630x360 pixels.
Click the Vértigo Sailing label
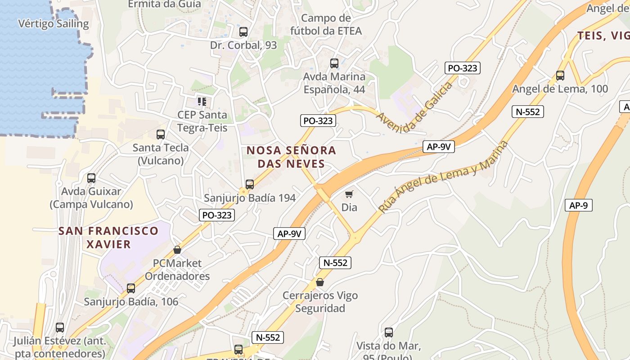(x=54, y=23)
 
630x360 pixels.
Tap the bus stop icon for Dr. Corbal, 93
(x=243, y=32)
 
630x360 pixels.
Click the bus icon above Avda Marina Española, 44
(x=334, y=63)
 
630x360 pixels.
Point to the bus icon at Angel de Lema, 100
(x=560, y=76)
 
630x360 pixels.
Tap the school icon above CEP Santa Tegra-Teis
(x=202, y=102)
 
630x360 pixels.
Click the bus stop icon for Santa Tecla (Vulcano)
(x=161, y=134)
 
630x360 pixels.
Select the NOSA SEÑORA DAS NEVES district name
(x=291, y=157)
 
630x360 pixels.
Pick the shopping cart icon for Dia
(x=349, y=194)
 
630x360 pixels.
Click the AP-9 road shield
(x=578, y=205)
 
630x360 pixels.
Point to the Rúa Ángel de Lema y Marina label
(x=443, y=176)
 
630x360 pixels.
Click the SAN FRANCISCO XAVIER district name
(x=108, y=238)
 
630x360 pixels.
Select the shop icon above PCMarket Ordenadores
(x=177, y=250)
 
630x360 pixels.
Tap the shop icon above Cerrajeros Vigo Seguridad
(x=320, y=282)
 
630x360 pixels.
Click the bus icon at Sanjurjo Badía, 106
(x=131, y=288)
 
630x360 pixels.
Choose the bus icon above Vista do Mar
(x=389, y=333)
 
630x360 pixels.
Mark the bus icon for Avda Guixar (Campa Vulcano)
(x=91, y=178)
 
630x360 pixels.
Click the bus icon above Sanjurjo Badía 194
(x=250, y=184)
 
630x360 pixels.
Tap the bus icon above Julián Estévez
(x=60, y=328)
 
